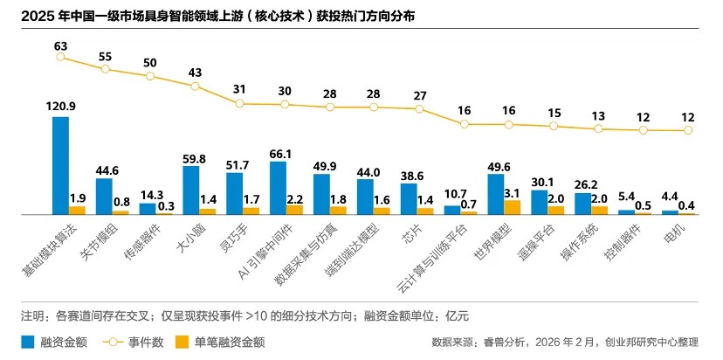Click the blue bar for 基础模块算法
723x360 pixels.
(x=60, y=165)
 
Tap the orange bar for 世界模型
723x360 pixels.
(x=513, y=207)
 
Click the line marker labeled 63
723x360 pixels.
(x=60, y=57)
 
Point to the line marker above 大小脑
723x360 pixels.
(x=194, y=86)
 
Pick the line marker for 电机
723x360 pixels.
(x=688, y=130)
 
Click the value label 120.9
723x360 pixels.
(x=60, y=107)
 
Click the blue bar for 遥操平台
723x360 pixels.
(x=539, y=202)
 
